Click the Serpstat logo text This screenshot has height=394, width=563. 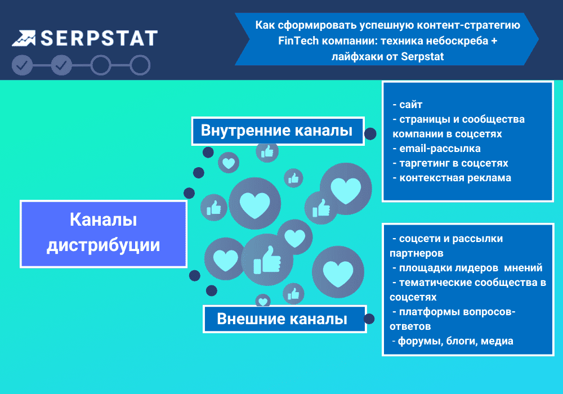point(99,38)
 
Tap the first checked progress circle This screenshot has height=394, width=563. point(22,65)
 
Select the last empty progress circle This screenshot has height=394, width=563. point(140,65)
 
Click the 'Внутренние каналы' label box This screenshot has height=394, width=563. point(277,131)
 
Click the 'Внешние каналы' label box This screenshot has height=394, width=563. point(283,319)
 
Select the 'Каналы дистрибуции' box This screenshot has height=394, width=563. point(104,233)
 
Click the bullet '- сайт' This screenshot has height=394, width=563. point(406,105)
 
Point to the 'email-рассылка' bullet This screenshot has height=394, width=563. point(436,149)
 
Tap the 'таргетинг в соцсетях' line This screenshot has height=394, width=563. point(450,163)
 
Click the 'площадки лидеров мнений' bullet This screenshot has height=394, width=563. point(467,267)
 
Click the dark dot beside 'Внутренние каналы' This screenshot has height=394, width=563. point(370,133)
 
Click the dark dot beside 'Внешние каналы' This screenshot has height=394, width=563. point(369,319)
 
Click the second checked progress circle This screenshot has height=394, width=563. point(61,65)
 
